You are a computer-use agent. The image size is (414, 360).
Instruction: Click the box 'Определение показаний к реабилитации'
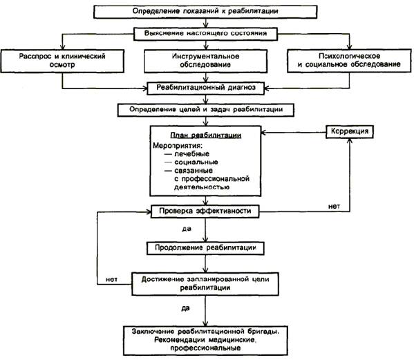click(205, 12)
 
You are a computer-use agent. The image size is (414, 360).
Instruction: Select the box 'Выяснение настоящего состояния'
click(205, 34)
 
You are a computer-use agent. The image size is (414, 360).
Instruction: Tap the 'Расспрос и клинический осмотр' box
click(62, 61)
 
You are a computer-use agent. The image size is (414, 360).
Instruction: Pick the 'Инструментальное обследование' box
click(205, 61)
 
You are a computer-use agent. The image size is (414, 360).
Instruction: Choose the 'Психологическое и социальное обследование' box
click(349, 61)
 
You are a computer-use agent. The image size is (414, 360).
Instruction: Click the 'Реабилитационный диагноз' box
click(206, 88)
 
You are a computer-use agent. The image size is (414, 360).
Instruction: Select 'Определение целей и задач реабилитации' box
click(206, 110)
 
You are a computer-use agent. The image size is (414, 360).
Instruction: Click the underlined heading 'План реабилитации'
click(206, 135)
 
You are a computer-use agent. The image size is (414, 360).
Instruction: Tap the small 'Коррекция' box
click(350, 131)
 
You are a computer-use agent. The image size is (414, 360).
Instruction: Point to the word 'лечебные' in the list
click(191, 154)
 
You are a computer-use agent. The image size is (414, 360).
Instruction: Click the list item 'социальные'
click(196, 162)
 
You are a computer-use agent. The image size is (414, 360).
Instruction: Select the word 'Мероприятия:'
click(178, 145)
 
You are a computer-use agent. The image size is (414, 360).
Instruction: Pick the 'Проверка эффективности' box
click(205, 211)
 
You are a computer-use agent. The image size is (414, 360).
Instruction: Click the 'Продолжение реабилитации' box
click(205, 248)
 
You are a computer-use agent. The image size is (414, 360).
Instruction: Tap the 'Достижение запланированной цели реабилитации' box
click(205, 284)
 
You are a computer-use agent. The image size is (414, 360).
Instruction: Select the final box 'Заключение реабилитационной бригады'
click(205, 341)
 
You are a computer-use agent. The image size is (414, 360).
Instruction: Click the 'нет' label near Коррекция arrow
click(334, 207)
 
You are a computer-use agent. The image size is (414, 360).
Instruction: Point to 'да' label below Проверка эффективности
click(187, 229)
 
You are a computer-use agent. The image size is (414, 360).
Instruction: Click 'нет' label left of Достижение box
click(111, 279)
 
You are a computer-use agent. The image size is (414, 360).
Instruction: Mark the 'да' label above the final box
click(185, 308)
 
